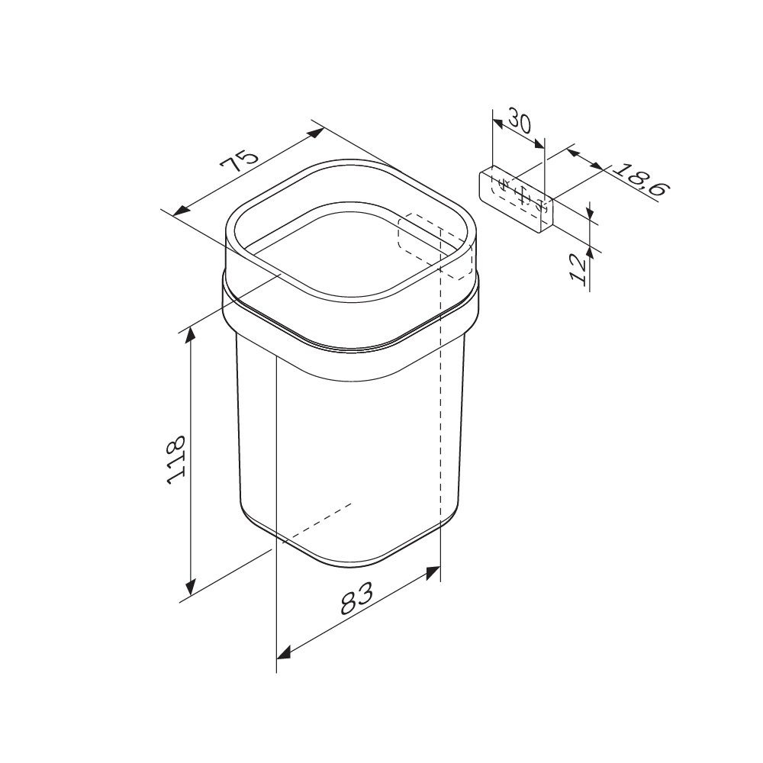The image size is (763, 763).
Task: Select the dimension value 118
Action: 175,459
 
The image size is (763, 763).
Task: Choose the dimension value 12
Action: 579,269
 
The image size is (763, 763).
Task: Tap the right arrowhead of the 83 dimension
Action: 433,572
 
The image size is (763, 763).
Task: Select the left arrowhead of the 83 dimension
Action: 284,653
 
